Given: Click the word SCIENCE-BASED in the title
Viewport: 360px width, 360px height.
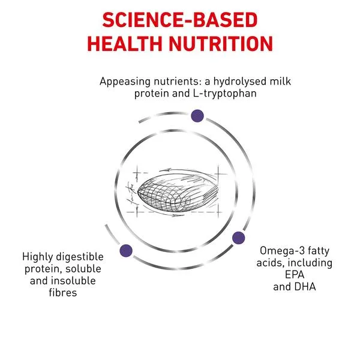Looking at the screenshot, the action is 180,20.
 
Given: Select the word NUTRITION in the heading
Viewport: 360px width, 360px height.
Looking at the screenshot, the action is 221,44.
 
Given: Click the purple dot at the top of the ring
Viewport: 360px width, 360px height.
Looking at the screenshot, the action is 197,116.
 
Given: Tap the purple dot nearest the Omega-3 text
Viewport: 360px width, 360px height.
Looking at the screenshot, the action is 239,238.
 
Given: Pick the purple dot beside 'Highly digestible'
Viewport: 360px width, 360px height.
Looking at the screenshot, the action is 126,250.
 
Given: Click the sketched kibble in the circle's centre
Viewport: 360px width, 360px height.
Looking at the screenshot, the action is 178,193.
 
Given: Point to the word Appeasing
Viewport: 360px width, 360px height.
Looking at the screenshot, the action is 125,82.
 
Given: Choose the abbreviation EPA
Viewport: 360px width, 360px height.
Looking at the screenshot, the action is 295,275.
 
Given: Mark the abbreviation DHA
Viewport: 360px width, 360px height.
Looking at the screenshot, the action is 305,287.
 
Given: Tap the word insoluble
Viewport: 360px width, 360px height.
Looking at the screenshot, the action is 73,281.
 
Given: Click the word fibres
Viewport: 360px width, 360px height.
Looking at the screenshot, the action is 63,293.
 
